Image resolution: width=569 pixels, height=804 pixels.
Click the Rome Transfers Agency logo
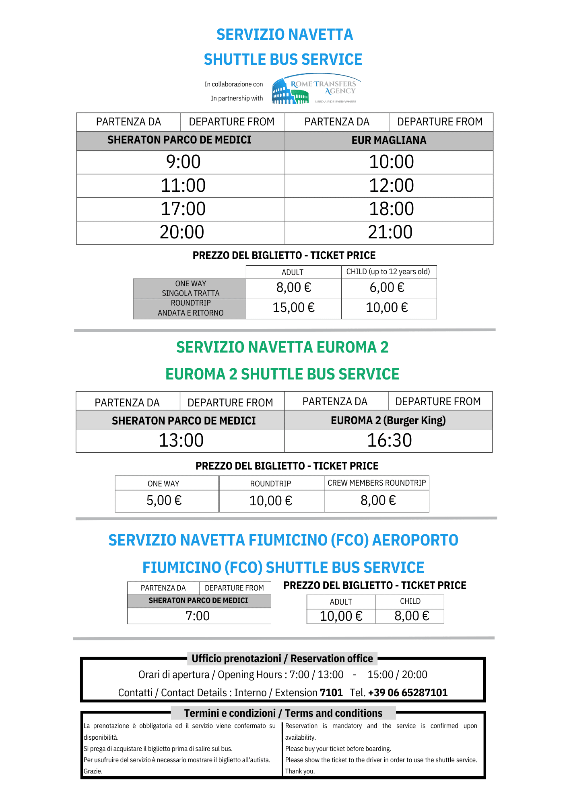pos(316,89)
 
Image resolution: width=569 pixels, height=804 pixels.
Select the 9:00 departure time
pos(183,162)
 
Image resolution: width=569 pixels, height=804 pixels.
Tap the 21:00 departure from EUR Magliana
pos(390,232)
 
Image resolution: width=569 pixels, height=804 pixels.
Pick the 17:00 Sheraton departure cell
pos(183,209)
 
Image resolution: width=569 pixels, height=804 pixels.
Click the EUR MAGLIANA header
pos(389,140)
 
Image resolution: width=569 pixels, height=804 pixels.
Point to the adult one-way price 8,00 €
pos(294,288)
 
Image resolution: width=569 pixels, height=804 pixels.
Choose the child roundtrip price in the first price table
pos(387,308)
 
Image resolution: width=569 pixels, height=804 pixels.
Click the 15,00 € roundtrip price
pos(294,308)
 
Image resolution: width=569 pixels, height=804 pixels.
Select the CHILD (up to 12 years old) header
pos(388,272)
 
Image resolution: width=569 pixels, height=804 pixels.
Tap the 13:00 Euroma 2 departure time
pos(181,441)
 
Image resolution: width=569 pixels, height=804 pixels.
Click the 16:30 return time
pos(389,441)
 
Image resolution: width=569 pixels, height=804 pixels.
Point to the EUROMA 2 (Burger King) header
pos(388,420)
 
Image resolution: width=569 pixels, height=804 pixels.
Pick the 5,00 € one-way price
pos(164,500)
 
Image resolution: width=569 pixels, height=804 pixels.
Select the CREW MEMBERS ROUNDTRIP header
pos(377,483)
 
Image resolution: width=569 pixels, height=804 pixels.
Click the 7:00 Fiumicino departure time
pos(198,616)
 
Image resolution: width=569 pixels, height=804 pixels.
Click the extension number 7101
pos(331,693)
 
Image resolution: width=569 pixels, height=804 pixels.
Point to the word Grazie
pos(93,771)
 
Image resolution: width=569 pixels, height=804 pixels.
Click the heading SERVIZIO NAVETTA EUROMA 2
pos(282,347)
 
